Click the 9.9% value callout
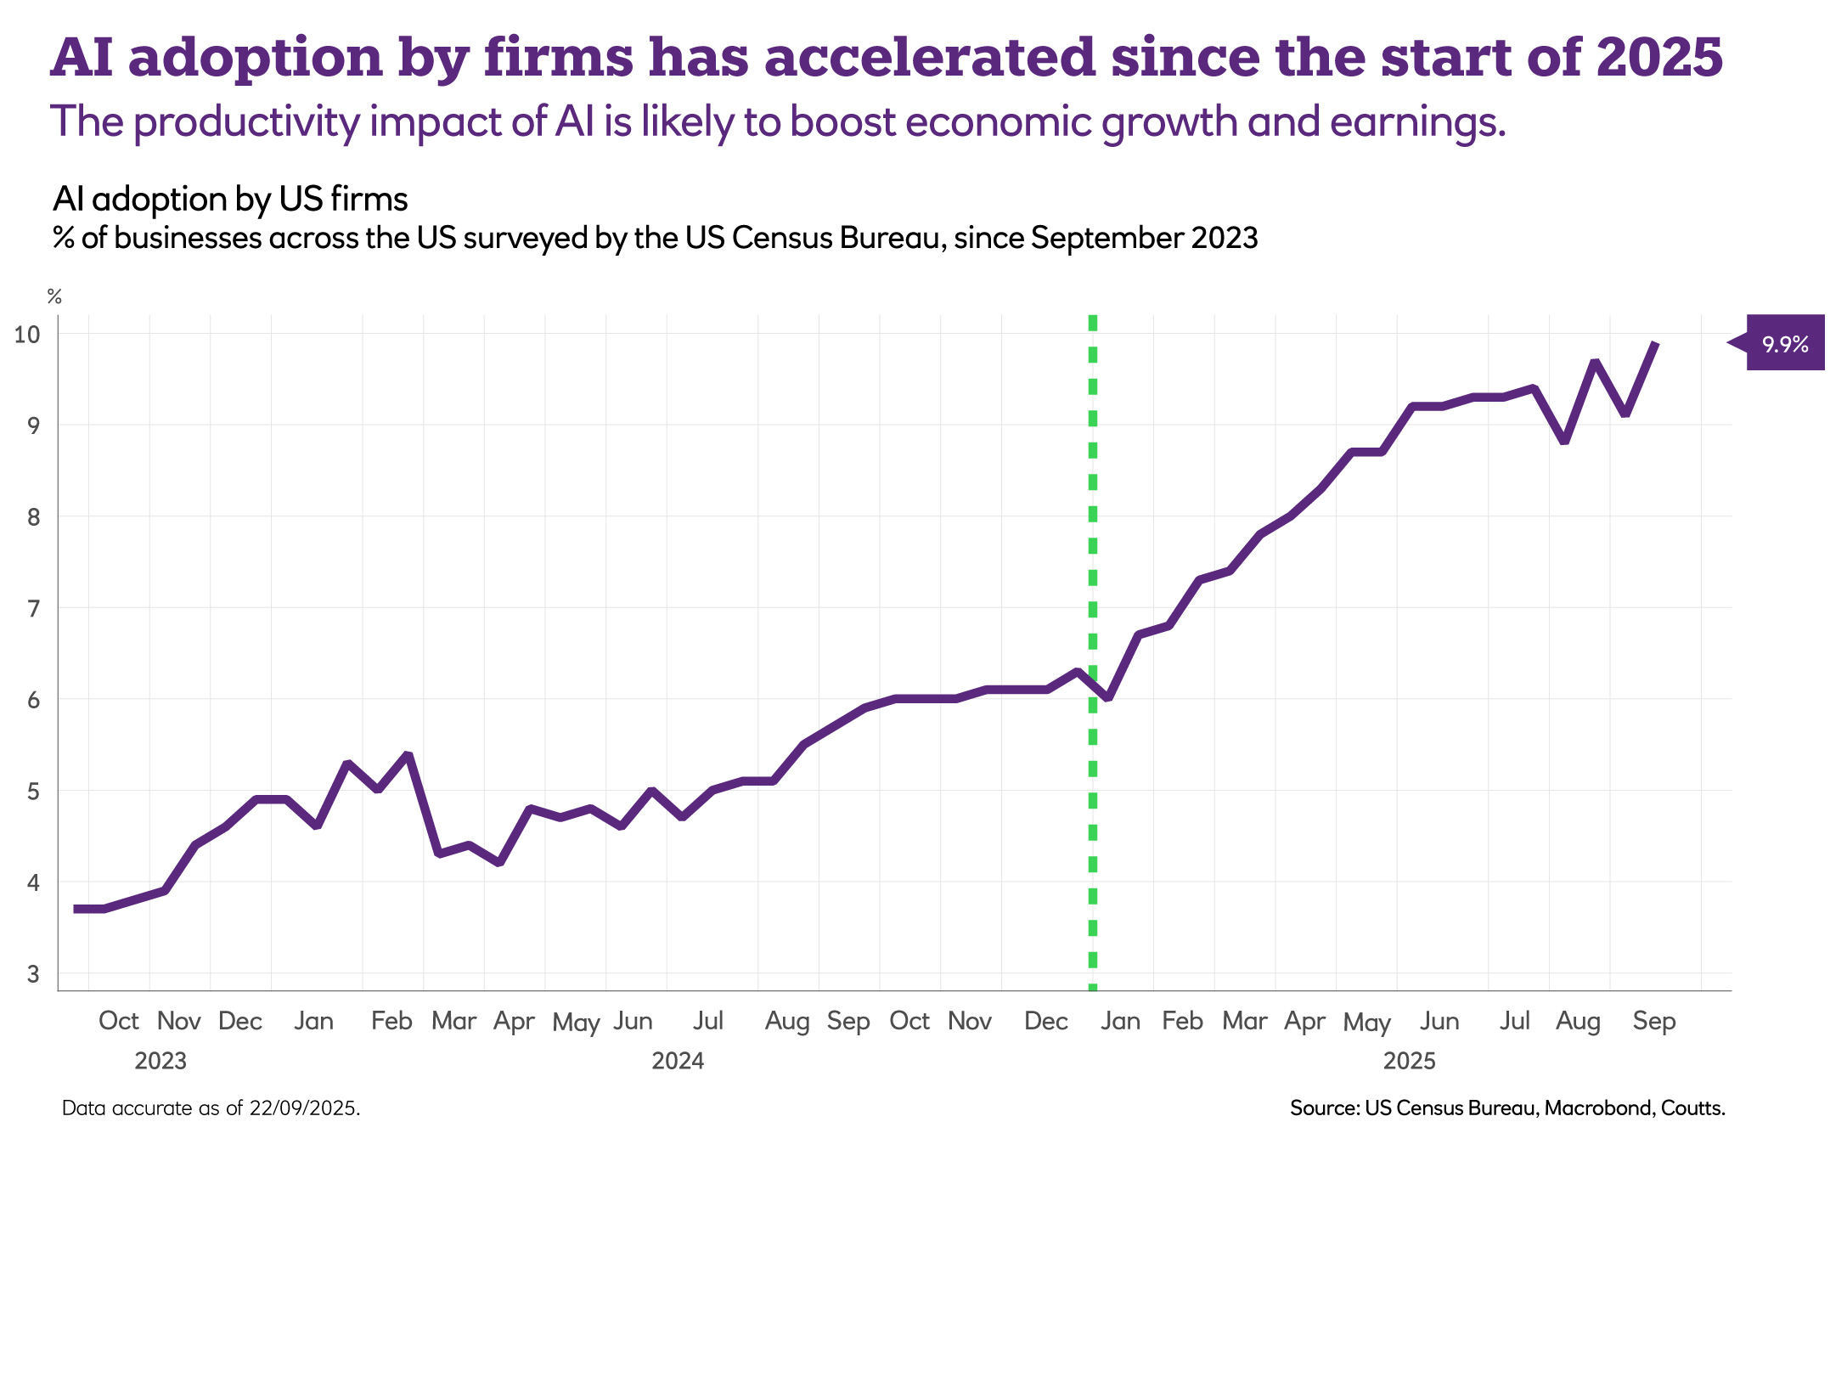(x=1784, y=343)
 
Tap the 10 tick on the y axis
(x=27, y=334)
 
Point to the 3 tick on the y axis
(x=33, y=973)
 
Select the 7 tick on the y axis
(x=33, y=608)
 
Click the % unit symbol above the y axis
(x=54, y=296)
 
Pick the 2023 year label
(x=160, y=1061)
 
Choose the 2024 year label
(x=678, y=1061)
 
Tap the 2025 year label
(x=1409, y=1061)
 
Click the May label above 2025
(x=1366, y=1022)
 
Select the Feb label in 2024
(x=391, y=1021)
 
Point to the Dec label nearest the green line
(x=1046, y=1021)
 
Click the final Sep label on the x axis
(x=1653, y=1021)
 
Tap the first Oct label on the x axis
(x=118, y=1021)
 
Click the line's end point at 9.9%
(x=1655, y=343)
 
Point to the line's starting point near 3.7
(x=76, y=909)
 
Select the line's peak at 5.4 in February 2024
(x=408, y=754)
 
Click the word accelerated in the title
(x=930, y=57)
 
